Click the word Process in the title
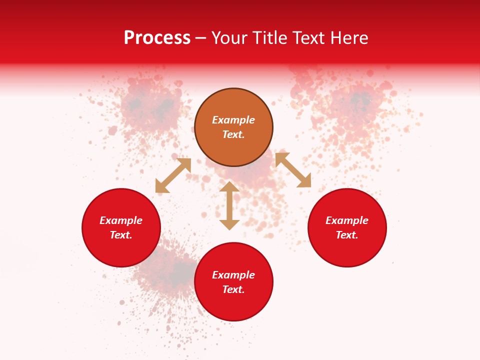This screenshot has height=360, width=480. [157, 38]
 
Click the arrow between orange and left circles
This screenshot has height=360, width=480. [173, 175]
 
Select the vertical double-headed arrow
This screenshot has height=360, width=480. [229, 205]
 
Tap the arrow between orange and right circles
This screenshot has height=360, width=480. [293, 170]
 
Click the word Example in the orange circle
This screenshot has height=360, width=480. [233, 120]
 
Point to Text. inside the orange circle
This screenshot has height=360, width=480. [233, 134]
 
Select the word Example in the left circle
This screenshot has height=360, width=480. [121, 220]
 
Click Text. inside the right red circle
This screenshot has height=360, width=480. [347, 235]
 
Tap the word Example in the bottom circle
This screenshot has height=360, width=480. [233, 275]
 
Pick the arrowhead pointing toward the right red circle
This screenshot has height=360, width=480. [304, 181]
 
